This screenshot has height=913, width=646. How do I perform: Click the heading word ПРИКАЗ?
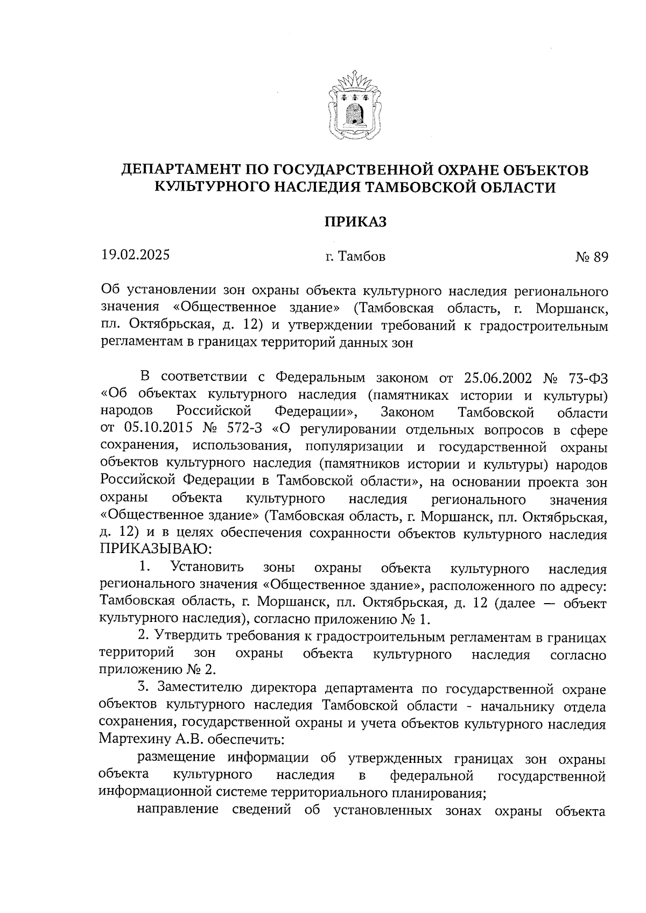coord(355,222)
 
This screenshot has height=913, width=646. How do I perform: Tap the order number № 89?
coord(591,257)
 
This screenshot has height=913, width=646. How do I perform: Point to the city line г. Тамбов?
coord(355,257)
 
